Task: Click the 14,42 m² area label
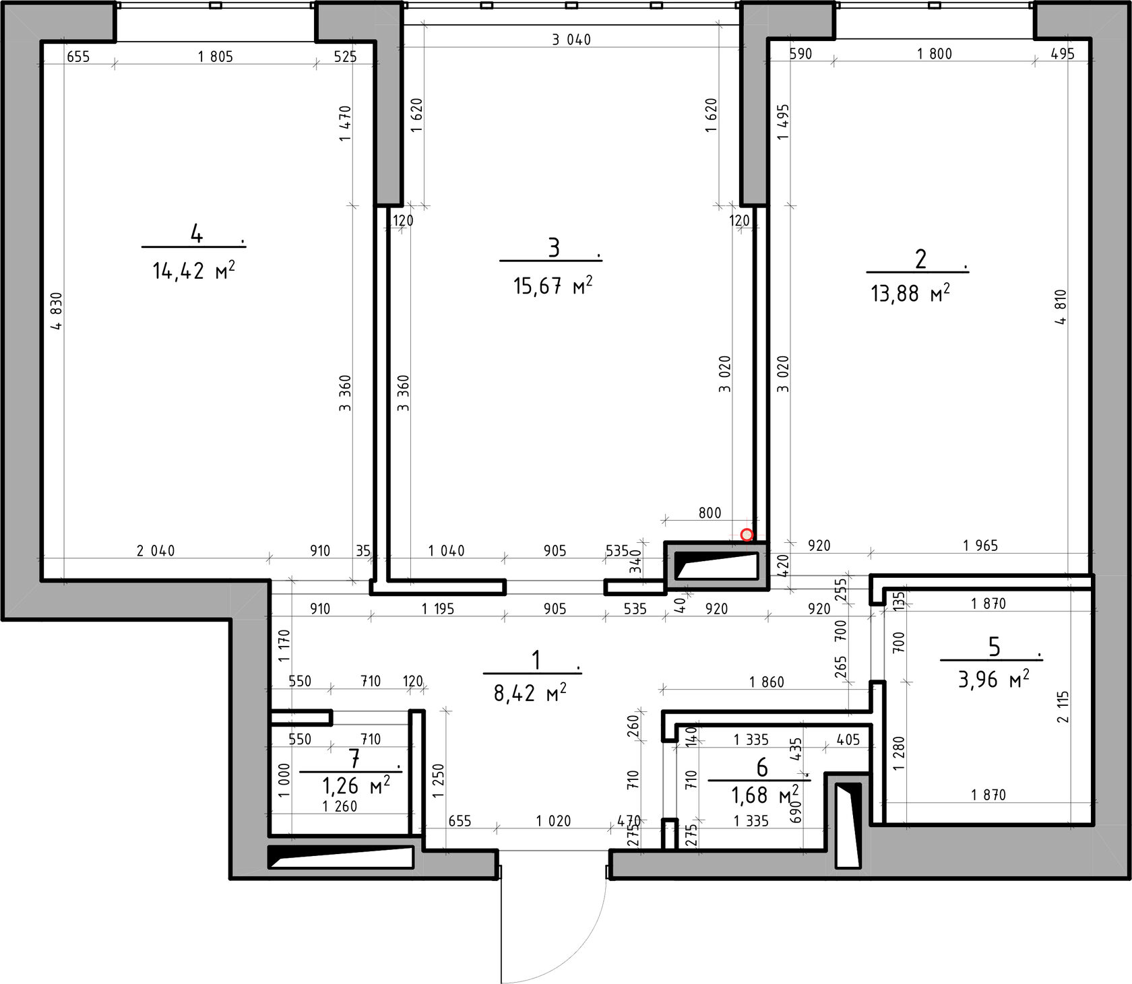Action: pyautogui.click(x=194, y=271)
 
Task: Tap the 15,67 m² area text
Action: pyautogui.click(x=553, y=286)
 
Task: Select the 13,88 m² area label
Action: pyautogui.click(x=910, y=293)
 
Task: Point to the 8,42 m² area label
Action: pyautogui.click(x=530, y=692)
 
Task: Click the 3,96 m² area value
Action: pyautogui.click(x=994, y=679)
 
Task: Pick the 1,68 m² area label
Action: pyautogui.click(x=765, y=795)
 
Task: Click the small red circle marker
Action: pyautogui.click(x=747, y=535)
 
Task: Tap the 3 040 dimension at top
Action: pyautogui.click(x=571, y=40)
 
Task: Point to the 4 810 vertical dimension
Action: pyautogui.click(x=1061, y=307)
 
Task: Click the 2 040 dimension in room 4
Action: pyautogui.click(x=156, y=551)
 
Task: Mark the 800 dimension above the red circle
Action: pyautogui.click(x=710, y=513)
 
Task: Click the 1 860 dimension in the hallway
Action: pyautogui.click(x=767, y=682)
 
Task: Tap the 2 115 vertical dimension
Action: pyautogui.click(x=1063, y=707)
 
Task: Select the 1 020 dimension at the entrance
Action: pyautogui.click(x=553, y=821)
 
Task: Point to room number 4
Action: pyautogui.click(x=196, y=234)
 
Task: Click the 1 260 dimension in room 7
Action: pyautogui.click(x=340, y=806)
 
